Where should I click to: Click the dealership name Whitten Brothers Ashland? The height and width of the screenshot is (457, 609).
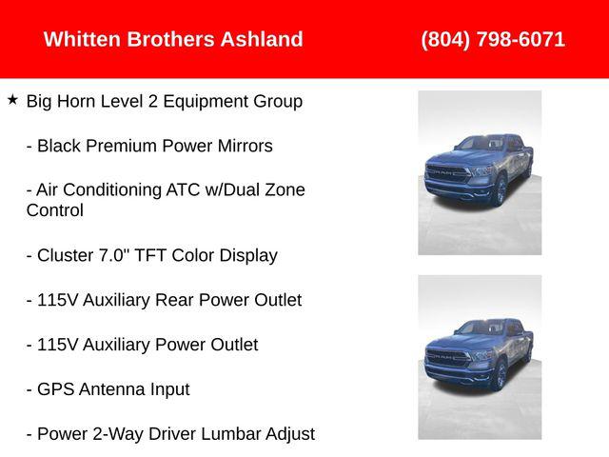pyautogui.click(x=173, y=40)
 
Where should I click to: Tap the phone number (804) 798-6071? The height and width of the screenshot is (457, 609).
pyautogui.click(x=493, y=40)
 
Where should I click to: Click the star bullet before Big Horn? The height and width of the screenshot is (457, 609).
pyautogui.click(x=12, y=99)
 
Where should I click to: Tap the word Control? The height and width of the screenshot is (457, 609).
pyautogui.click(x=55, y=210)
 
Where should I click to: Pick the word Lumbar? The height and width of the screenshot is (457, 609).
pyautogui.click(x=226, y=434)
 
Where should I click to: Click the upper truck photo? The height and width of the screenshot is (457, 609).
pyautogui.click(x=480, y=172)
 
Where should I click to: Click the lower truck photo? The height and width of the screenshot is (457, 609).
pyautogui.click(x=480, y=357)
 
